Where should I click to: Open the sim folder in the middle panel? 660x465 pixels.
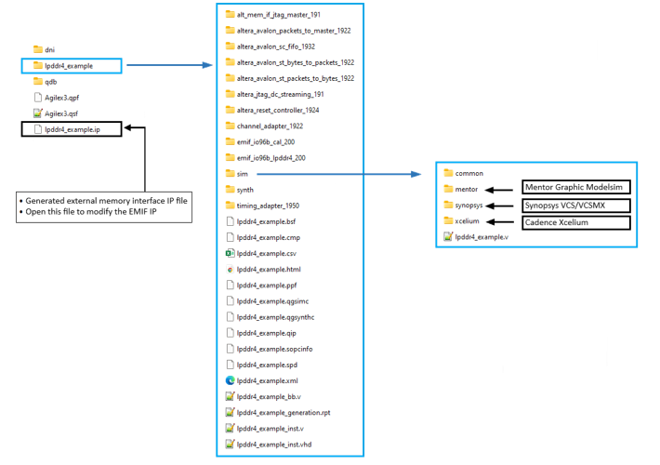(236, 173)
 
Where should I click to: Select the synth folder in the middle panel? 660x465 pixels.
(238, 189)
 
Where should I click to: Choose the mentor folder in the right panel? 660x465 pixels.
(461, 189)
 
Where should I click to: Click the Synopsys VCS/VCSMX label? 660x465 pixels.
(565, 205)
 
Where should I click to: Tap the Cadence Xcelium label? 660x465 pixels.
(557, 221)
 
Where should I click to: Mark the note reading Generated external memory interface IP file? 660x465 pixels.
(103, 200)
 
